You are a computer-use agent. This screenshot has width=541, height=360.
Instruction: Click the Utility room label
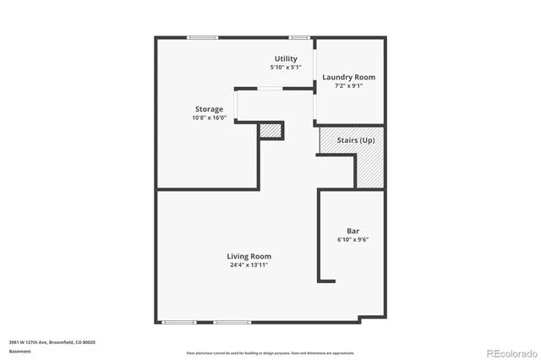pyautogui.click(x=286, y=58)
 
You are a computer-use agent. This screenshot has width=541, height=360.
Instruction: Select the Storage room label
pyautogui.click(x=209, y=109)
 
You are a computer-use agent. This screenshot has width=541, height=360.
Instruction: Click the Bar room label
pyautogui.click(x=352, y=231)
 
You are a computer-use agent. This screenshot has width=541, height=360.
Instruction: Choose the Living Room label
pyautogui.click(x=249, y=256)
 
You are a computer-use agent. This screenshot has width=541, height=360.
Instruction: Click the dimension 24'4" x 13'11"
pyautogui.click(x=249, y=265)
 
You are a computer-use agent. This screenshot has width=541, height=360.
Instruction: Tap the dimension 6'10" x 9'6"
pyautogui.click(x=352, y=239)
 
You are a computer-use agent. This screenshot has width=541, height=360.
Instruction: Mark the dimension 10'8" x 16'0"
pyautogui.click(x=209, y=117)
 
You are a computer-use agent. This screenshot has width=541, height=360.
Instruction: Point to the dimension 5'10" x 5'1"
pyautogui.click(x=286, y=67)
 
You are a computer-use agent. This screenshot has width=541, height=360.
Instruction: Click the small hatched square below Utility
pyautogui.click(x=270, y=130)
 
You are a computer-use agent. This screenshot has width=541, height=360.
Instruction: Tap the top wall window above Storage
pyautogui.click(x=202, y=36)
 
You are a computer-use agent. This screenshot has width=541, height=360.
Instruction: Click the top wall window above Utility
pyautogui.click(x=298, y=36)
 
